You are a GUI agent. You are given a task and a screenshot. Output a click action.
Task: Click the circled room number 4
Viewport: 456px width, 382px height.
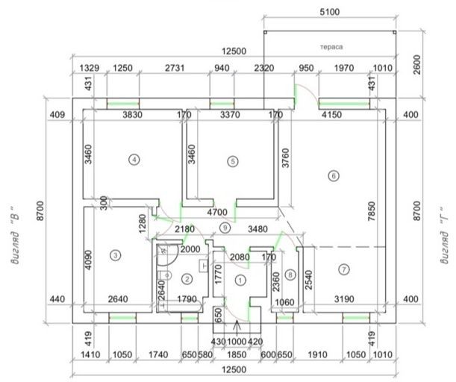point(134,160)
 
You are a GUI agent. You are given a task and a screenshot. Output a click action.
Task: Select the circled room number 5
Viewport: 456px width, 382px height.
point(233,161)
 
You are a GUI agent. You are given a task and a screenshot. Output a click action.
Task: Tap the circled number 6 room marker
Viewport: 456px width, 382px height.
point(334,175)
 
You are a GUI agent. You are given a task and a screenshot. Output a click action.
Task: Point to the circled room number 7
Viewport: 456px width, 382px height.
point(344,269)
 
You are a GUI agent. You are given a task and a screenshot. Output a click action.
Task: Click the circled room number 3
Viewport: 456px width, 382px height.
point(116,256)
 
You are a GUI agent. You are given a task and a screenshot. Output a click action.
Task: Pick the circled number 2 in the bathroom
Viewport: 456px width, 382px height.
point(187,279)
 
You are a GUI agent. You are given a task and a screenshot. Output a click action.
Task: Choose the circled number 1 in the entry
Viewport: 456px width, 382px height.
point(240,281)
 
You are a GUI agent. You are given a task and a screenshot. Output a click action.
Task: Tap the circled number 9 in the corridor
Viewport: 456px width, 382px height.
point(225,228)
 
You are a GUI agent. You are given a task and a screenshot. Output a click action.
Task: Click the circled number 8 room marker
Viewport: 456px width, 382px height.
point(290,275)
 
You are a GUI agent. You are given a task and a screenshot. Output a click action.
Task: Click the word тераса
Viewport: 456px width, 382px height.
point(331,47)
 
